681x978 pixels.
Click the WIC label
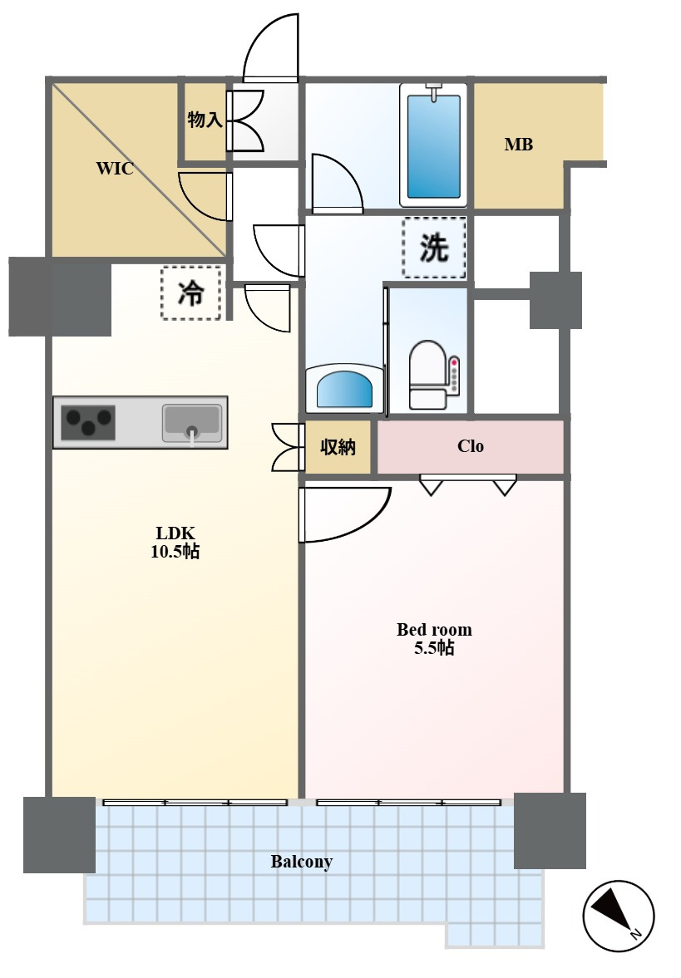pos(115,169)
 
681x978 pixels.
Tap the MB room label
pos(519,145)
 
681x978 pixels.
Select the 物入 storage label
pos(205,119)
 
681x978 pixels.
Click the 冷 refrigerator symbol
pos(191,292)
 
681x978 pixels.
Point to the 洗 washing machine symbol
pos(434,248)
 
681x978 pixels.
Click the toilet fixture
pos(428,375)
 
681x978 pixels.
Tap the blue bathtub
pos(434,145)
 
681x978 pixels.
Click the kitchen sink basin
pos(191,422)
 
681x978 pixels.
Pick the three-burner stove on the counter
pos(88,423)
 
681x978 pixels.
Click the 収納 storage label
pos(338,446)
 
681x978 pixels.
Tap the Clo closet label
pos(471,446)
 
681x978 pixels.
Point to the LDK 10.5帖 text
pos(175,542)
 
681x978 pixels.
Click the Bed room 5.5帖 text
pos(434,639)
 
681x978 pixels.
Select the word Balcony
pos(302,862)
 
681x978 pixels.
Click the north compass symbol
pos(618,916)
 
